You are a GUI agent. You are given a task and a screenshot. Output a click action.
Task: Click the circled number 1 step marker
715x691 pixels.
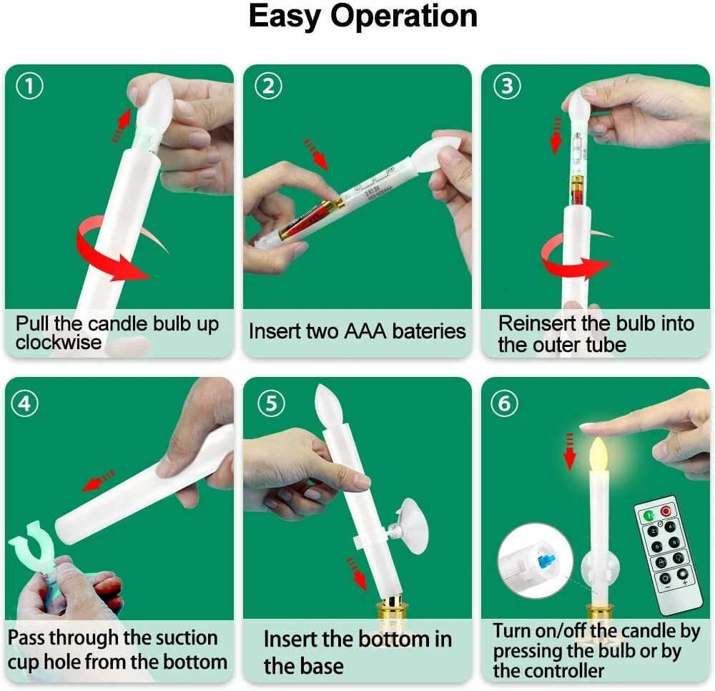point(29,87)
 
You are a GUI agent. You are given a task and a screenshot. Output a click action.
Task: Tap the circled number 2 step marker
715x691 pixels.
point(268,87)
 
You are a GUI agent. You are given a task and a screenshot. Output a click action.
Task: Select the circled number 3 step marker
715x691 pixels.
point(507,87)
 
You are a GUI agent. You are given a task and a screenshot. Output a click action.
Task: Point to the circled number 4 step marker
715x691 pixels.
point(24,403)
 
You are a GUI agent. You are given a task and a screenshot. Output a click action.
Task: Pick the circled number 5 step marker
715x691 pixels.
point(271,403)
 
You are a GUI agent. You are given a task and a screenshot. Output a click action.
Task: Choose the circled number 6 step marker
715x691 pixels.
point(504,403)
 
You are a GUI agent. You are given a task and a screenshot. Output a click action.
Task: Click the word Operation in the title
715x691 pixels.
point(403,17)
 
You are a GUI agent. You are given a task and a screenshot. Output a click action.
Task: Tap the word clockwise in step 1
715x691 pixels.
point(59,343)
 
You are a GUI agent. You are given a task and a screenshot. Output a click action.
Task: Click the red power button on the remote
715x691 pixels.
point(666,511)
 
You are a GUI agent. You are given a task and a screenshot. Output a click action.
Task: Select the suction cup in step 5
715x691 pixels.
point(413,526)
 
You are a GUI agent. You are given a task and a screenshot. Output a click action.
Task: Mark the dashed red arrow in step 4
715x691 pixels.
point(98,481)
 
